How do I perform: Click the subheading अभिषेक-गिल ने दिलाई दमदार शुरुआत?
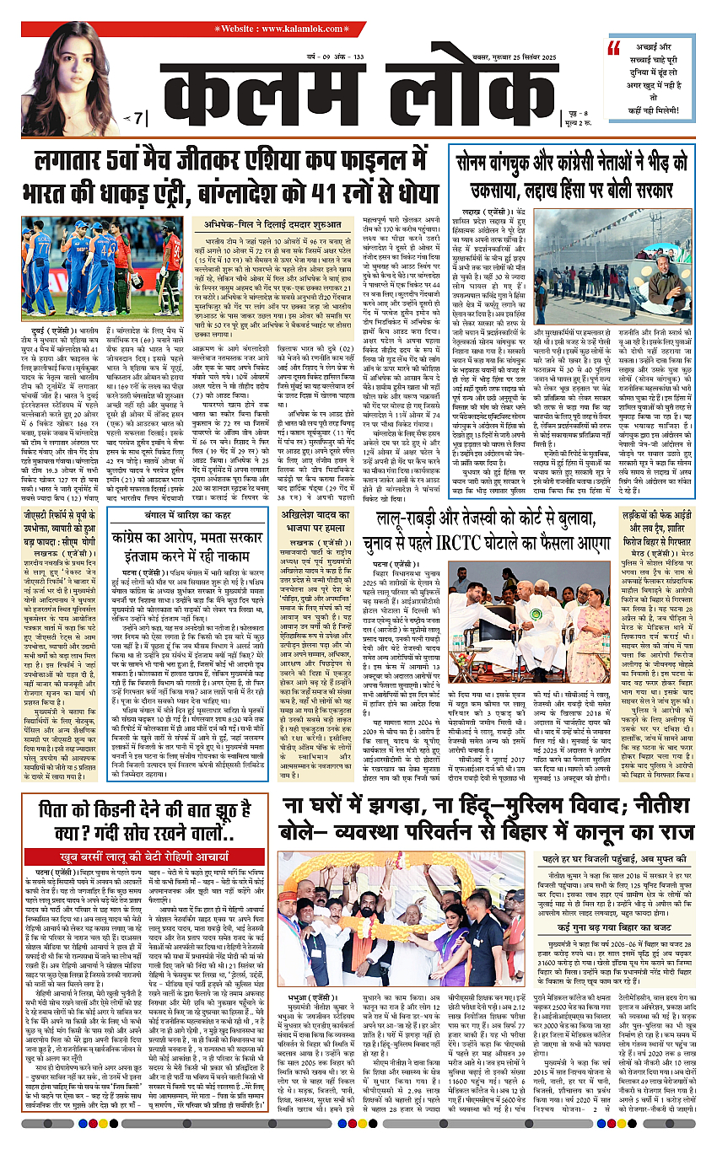pyautogui.click(x=273, y=223)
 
